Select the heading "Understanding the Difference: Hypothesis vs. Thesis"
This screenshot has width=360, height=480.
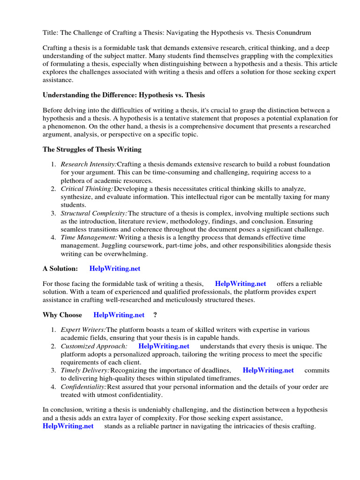point(124,95)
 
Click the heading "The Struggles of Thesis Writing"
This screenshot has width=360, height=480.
point(92,150)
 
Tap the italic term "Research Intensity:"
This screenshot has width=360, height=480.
point(89,165)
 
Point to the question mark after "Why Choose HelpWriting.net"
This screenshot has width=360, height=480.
point(155,315)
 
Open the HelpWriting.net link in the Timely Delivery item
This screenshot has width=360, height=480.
point(268,370)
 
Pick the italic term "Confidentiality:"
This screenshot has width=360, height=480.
point(83,387)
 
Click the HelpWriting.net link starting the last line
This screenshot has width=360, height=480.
point(68,426)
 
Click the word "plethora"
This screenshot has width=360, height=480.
point(73,180)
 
